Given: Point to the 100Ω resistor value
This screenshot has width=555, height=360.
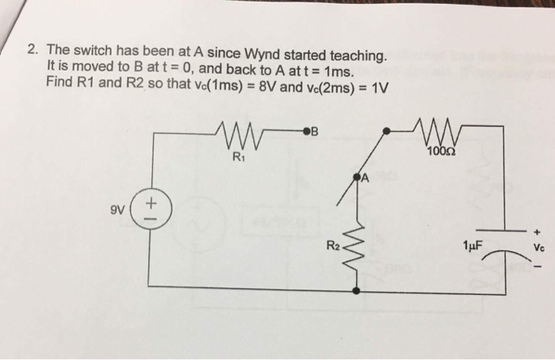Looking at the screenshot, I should tap(441, 151).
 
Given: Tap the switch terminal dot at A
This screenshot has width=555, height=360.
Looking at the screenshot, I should tap(356, 174).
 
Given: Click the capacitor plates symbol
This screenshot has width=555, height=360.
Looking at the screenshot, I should tap(504, 239).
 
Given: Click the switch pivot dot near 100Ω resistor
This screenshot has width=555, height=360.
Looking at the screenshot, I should tap(385, 128).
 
